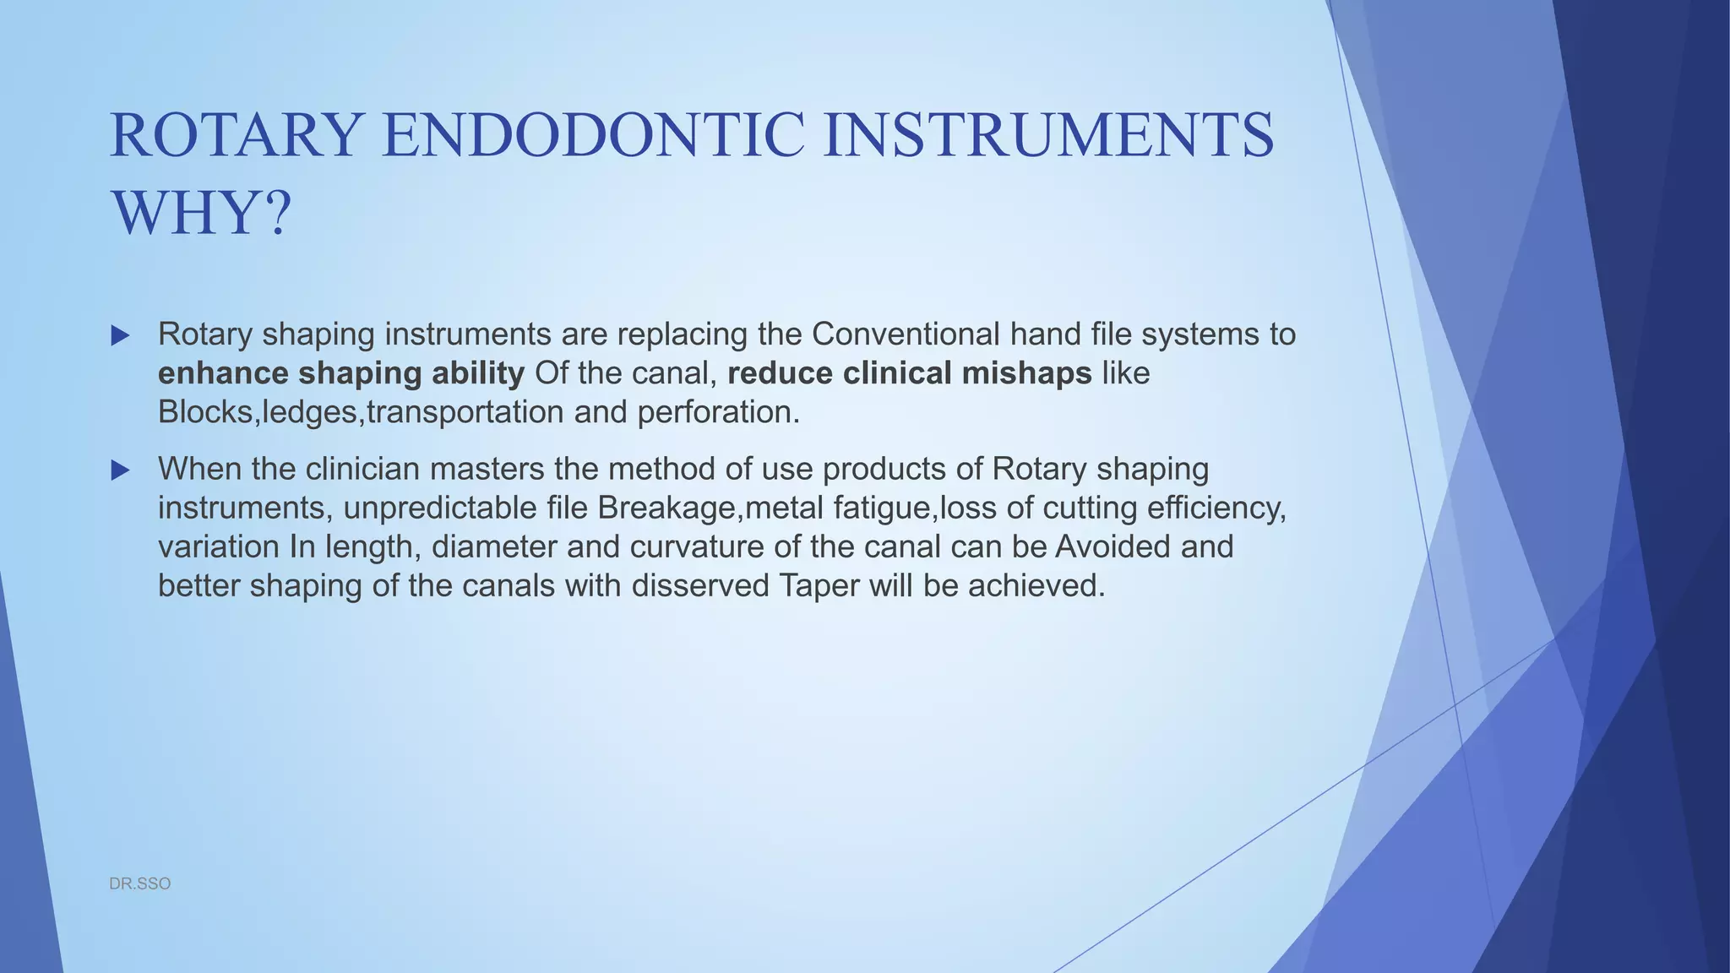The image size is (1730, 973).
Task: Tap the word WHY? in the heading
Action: tap(201, 214)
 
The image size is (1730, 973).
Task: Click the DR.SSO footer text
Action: tap(140, 883)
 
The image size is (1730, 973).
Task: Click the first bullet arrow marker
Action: tap(120, 336)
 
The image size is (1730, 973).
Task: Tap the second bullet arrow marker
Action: tap(120, 470)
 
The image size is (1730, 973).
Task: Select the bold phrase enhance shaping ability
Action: tap(340, 373)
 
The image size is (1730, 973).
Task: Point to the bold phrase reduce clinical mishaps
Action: tap(909, 373)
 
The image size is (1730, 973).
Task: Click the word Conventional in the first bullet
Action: tap(906, 334)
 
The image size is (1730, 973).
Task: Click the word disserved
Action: tap(699, 585)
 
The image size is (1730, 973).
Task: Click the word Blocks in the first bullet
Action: tap(205, 412)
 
